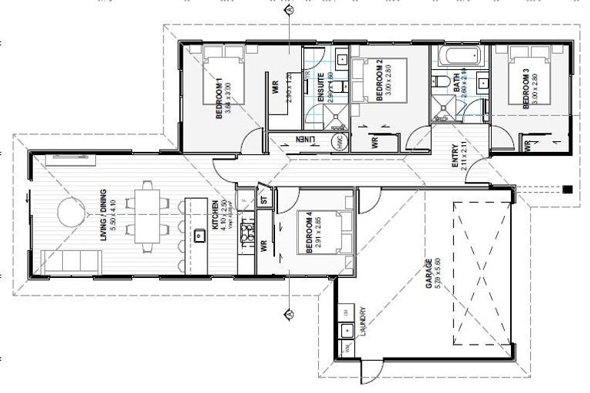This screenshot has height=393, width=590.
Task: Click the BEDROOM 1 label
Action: tap(219, 98)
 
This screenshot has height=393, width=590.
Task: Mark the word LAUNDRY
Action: tap(362, 322)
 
